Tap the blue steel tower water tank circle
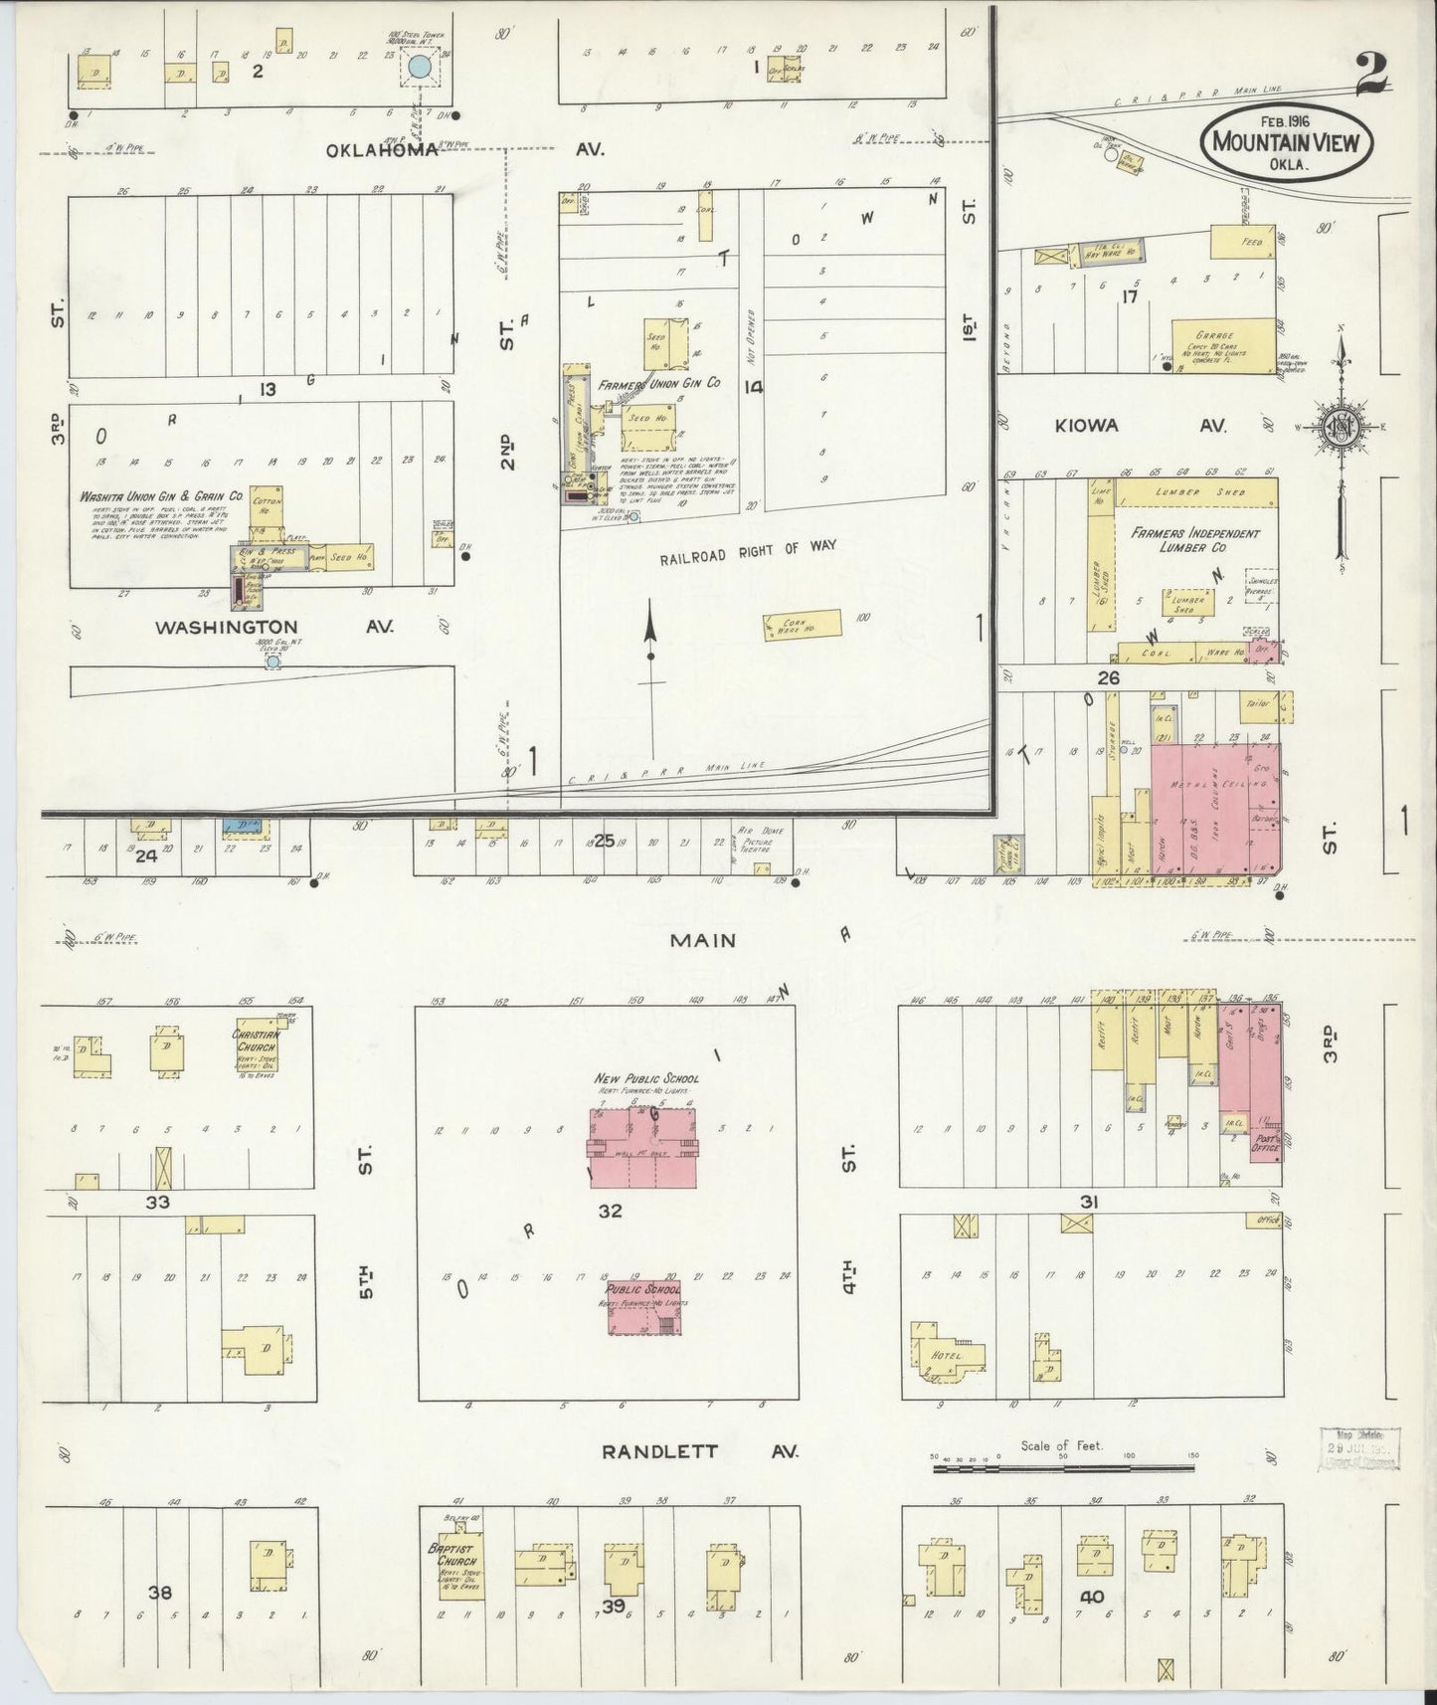click(421, 68)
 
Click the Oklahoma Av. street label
click(383, 150)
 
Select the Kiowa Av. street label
click(1088, 426)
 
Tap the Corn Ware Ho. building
click(802, 625)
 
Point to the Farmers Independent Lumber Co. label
click(1194, 540)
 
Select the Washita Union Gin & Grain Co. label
click(162, 495)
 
